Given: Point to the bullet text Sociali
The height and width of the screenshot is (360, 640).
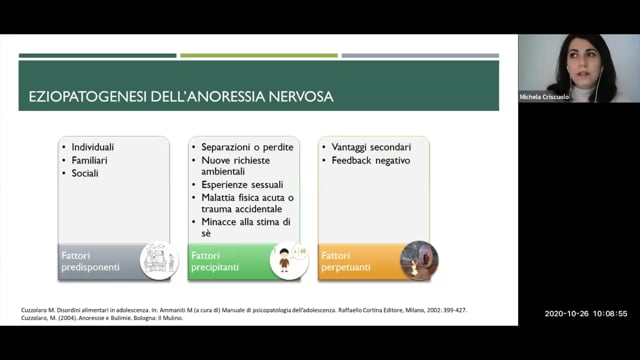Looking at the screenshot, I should click(87, 173).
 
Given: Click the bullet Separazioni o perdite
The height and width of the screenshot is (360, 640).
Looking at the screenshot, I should click(247, 147).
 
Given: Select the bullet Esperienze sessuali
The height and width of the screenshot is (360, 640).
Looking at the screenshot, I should click(242, 184).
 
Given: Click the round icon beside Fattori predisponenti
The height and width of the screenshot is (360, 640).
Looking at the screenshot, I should click(159, 260).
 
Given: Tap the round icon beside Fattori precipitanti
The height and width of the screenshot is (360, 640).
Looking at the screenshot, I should click(288, 260).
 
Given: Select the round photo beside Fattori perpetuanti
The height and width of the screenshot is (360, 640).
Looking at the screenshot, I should click(419, 260).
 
